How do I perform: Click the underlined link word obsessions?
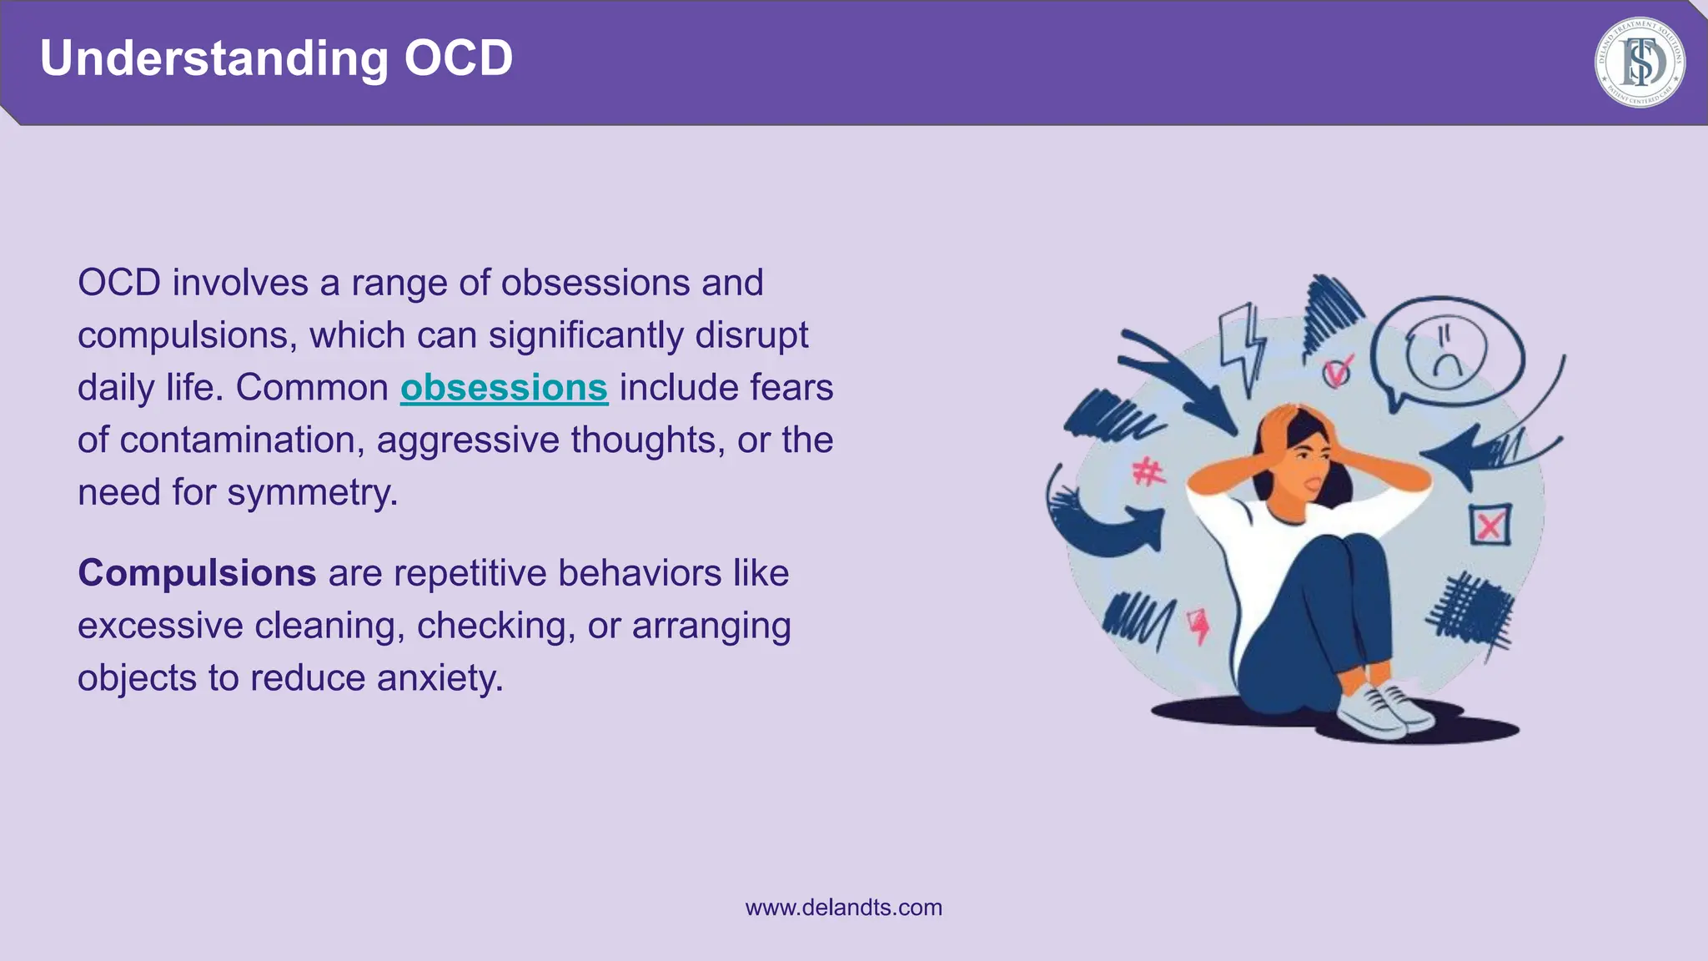tap(504, 388)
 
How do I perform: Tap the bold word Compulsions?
tap(197, 573)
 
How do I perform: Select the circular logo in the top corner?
tap(1639, 63)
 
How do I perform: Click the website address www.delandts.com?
tap(843, 908)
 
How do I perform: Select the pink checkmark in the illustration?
tap(1339, 370)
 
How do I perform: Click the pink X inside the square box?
tap(1489, 526)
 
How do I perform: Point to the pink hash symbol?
tap(1148, 473)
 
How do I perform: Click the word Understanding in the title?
tap(214, 58)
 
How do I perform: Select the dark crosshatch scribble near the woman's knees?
tap(1469, 613)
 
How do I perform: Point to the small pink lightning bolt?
tap(1198, 625)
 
